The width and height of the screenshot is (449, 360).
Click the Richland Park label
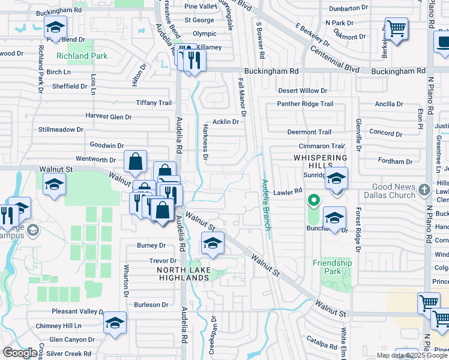pos(82,56)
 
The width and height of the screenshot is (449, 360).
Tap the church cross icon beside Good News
pos(425,188)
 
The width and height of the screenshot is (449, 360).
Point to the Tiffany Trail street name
pos(154,103)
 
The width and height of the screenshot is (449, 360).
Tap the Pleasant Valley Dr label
pos(77,311)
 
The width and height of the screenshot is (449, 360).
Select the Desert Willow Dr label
pos(303,91)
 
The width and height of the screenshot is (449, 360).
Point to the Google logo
pos(20,353)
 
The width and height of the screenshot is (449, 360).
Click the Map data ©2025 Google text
pos(411,355)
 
